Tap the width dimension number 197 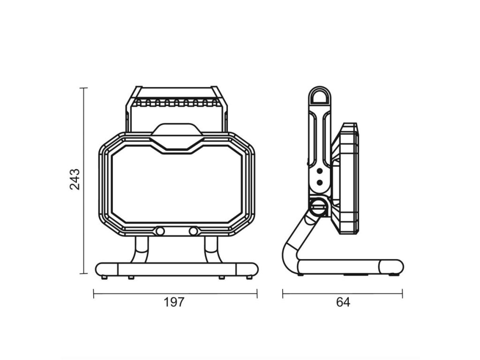(174, 302)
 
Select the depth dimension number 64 (343, 302)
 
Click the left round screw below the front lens (160, 232)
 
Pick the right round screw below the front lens (193, 232)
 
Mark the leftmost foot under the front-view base (104, 277)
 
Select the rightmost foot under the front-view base (249, 277)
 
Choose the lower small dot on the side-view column (320, 182)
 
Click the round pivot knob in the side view (318, 206)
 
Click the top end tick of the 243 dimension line (84, 88)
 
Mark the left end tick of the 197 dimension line (94, 294)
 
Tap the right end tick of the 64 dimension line (402, 294)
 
